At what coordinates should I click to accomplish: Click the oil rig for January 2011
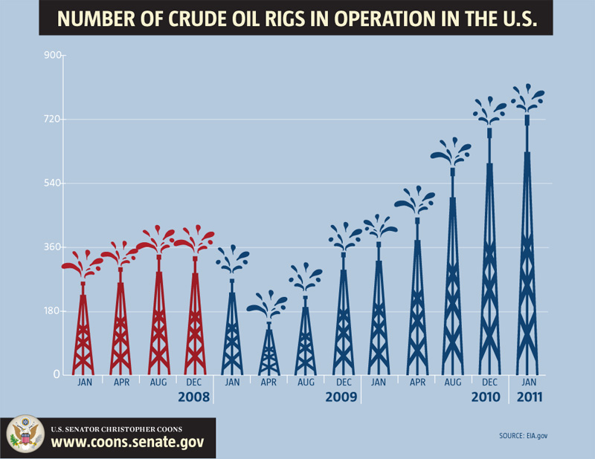click(527, 253)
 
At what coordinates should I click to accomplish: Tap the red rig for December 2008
click(195, 319)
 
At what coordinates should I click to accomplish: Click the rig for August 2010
click(452, 282)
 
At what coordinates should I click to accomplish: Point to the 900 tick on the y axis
click(51, 55)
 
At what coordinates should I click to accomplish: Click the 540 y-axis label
click(51, 183)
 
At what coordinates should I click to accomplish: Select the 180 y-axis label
click(51, 311)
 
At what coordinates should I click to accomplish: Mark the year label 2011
click(527, 397)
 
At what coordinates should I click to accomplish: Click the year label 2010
click(486, 397)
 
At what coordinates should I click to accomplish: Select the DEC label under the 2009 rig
click(343, 382)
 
